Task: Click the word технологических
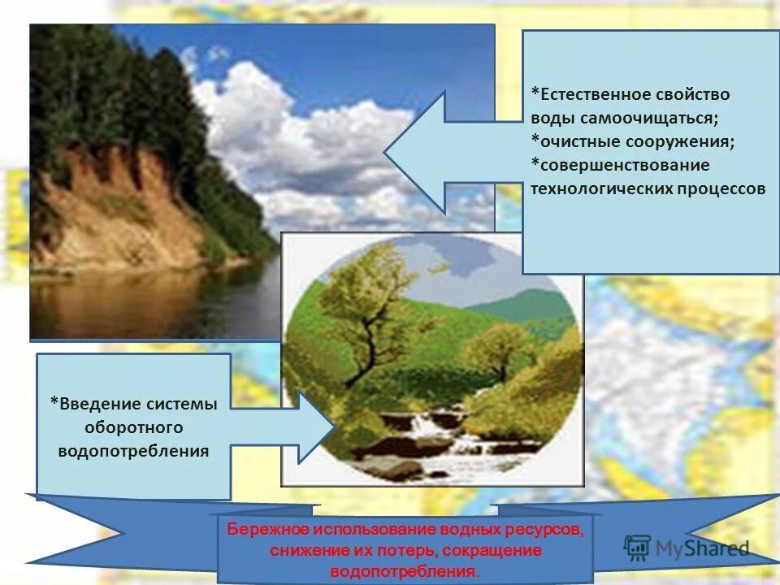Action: [x=600, y=189]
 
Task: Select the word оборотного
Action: [x=134, y=427]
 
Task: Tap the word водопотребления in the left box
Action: [x=134, y=450]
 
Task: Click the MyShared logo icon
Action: [x=638, y=548]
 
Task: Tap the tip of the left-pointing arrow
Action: [x=387, y=152]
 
